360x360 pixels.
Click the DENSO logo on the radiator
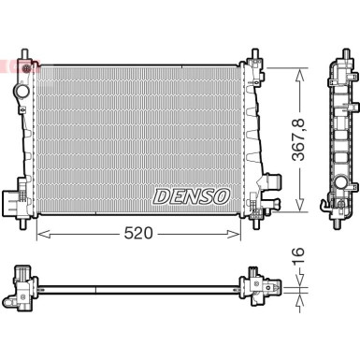tap(192, 196)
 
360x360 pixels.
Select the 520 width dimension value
tap(138, 233)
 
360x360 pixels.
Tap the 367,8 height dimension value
tap(298, 139)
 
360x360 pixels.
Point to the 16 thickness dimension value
tap(298, 256)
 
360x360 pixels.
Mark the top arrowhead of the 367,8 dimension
tap(300, 75)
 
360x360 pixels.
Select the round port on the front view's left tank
tap(22, 92)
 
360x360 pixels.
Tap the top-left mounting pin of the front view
tap(24, 53)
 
